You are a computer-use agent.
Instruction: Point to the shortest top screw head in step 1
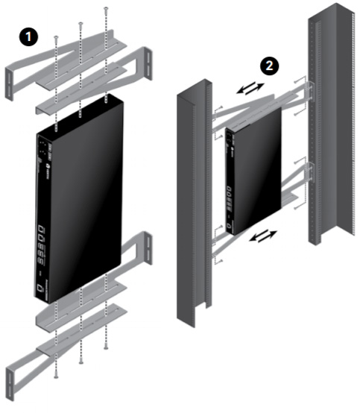coord(55,36)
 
